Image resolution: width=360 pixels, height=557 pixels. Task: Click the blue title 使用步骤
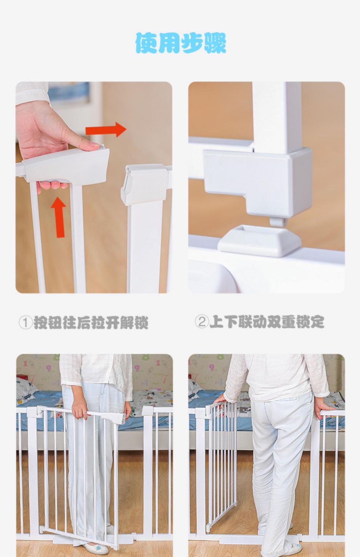pyautogui.click(x=181, y=43)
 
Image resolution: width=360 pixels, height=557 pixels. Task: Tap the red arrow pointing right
pyautogui.click(x=106, y=130)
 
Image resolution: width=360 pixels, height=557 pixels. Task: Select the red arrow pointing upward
pyautogui.click(x=59, y=217)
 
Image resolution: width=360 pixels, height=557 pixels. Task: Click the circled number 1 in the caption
pyautogui.click(x=25, y=323)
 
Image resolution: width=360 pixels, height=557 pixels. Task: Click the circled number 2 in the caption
pyautogui.click(x=202, y=322)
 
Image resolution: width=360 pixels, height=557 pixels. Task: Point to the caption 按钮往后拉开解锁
pyautogui.click(x=91, y=323)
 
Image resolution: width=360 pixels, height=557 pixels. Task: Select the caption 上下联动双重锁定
pyautogui.click(x=267, y=322)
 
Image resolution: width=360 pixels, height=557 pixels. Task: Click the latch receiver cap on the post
pyautogui.click(x=144, y=184)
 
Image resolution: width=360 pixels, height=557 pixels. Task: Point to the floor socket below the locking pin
pyautogui.click(x=260, y=240)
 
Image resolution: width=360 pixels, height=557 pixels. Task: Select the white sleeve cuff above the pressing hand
pyautogui.click(x=32, y=93)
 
